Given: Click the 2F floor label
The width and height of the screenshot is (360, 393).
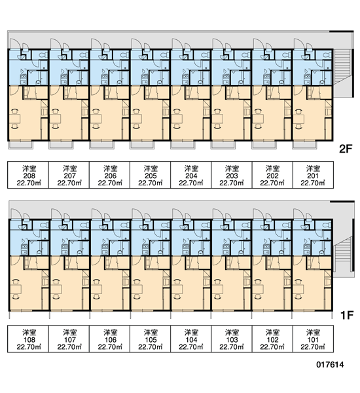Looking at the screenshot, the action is click(346, 149).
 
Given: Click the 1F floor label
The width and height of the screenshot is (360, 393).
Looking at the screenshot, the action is click(347, 315).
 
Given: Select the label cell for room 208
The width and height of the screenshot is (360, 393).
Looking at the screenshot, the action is click(28, 175).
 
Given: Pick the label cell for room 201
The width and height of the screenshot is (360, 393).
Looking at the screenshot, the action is click(313, 175).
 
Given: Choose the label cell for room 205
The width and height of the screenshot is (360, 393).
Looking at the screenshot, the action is click(151, 175).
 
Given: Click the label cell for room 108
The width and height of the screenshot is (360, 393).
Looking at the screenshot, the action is click(28, 339).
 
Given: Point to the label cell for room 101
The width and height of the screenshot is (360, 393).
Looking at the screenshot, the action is click(313, 339).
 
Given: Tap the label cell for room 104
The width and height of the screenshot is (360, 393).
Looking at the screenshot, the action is click(191, 339).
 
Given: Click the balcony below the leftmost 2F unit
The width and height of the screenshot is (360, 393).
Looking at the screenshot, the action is click(20, 145).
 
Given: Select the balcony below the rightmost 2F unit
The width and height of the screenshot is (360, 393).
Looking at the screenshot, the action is click(305, 145).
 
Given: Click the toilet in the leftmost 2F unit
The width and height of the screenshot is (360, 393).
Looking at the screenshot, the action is click(43, 54).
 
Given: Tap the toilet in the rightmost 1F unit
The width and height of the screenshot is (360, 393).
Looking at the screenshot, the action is click(327, 225).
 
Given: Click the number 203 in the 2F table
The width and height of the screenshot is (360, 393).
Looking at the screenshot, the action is click(232, 176).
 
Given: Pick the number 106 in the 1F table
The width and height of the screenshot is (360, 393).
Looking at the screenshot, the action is click(110, 340).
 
